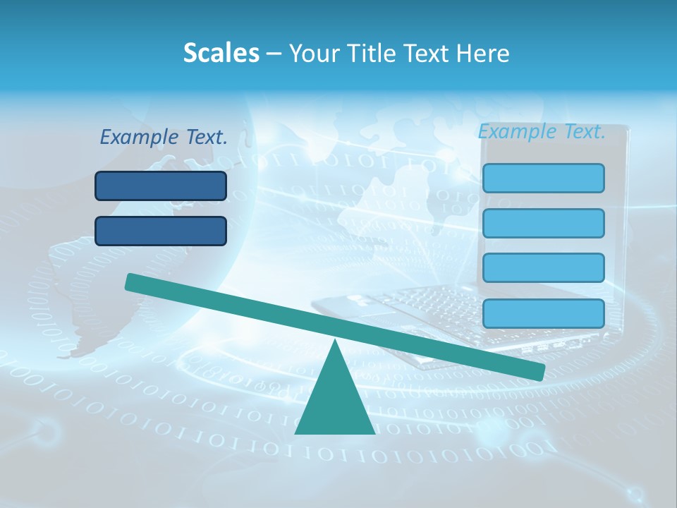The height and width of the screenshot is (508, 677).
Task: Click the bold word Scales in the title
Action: click(221, 53)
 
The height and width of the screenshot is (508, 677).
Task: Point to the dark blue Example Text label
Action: click(164, 137)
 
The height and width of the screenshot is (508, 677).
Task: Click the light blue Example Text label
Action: click(542, 131)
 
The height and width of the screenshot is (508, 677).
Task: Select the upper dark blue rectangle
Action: click(161, 186)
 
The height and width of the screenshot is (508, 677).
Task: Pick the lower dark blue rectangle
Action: click(161, 231)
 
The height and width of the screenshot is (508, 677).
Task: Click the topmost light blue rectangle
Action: click(543, 178)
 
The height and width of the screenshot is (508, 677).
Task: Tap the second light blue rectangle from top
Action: click(543, 223)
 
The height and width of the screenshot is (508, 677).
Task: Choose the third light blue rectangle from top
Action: click(543, 267)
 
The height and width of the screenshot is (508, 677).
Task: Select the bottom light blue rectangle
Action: click(543, 313)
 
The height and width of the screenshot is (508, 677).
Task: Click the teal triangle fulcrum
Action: click(335, 402)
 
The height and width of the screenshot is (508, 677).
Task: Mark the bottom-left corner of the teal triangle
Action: click(296, 433)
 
